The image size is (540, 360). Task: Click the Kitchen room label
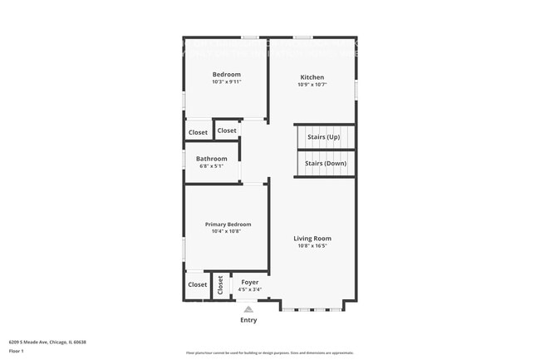312,77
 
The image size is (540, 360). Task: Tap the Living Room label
312,239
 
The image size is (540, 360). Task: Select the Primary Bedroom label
228,224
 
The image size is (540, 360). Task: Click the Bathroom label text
212,159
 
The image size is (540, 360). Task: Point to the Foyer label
250,283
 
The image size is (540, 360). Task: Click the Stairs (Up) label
323,136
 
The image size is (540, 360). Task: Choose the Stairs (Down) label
326,164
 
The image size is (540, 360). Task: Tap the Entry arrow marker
248,308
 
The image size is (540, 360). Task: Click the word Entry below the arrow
248,320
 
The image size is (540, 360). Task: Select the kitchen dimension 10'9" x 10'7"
312,85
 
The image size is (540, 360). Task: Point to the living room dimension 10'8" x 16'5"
312,246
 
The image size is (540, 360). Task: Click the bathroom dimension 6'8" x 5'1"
212,166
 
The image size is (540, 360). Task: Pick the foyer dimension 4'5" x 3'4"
250,289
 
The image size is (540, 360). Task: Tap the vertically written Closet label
220,285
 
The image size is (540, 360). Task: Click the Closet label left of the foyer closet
198,285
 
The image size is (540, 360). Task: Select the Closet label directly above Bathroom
227,131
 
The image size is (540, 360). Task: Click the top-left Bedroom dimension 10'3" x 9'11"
226,82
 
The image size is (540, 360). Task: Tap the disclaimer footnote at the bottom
270,353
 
